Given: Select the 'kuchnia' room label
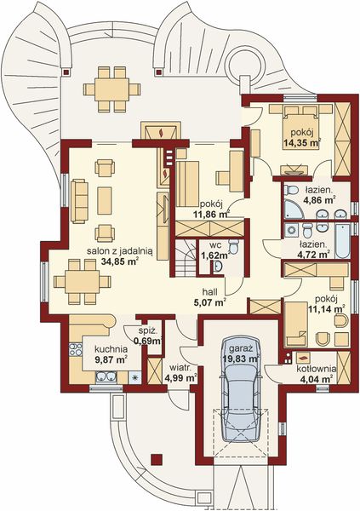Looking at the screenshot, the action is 111,349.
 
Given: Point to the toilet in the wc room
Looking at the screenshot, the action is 233,247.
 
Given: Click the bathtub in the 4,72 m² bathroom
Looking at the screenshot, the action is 342,241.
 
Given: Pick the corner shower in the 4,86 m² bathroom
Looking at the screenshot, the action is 294,210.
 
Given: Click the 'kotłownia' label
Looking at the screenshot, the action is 316,369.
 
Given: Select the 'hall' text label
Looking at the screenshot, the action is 209,291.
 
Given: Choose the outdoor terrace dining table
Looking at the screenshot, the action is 111,89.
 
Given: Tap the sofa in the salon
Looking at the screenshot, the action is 79,201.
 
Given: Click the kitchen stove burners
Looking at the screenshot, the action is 75,350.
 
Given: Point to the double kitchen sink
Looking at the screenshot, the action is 106,377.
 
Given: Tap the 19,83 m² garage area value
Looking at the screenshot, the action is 241,359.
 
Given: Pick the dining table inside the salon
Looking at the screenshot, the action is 82,282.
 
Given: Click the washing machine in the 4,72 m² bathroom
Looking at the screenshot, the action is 291,230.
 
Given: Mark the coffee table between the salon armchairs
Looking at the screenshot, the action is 105,200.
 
